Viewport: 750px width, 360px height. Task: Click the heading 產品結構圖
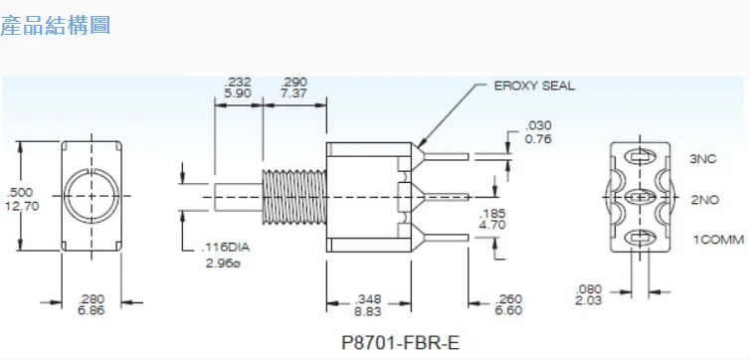56,26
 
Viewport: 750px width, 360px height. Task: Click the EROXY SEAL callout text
534,86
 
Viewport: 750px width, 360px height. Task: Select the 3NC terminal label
703,157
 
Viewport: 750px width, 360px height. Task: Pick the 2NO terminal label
704,199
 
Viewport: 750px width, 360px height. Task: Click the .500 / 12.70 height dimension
20,199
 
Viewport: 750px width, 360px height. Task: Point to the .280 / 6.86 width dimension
91,304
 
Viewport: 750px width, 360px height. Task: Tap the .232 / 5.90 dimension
239,88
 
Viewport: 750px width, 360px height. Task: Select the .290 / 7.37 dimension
294,88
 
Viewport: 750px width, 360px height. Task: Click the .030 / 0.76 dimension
538,131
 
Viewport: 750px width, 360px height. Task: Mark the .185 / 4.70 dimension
492,219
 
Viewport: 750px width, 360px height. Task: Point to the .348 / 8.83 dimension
369,304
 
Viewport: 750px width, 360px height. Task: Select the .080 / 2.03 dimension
590,295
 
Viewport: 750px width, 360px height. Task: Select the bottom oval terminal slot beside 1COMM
640,240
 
